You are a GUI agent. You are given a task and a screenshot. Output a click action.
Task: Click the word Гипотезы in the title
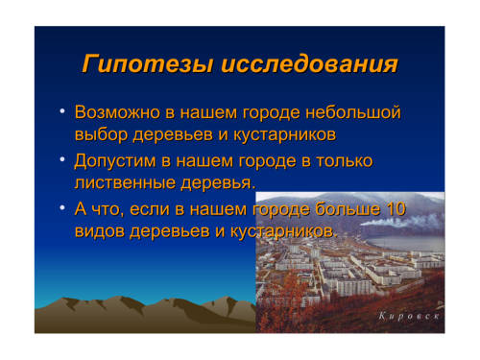pyautogui.click(x=148, y=64)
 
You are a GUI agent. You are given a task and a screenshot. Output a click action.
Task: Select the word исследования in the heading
pyautogui.click(x=309, y=63)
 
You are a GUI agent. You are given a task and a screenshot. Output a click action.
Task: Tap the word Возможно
pyautogui.click(x=117, y=112)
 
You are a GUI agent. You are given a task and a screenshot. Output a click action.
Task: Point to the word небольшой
pyautogui.click(x=352, y=112)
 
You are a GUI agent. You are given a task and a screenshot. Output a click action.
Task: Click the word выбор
pyautogui.click(x=101, y=134)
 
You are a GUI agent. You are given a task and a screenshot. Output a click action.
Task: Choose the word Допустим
pyautogui.click(x=115, y=161)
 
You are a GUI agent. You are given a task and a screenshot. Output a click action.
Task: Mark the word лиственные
pyautogui.click(x=125, y=182)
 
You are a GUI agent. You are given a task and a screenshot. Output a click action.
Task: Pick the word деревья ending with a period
pyautogui.click(x=219, y=182)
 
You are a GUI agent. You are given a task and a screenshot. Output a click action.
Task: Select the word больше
pyautogui.click(x=348, y=209)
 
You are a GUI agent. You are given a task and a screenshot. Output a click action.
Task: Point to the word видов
pyautogui.click(x=100, y=231)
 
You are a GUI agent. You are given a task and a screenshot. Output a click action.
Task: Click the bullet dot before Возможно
pyautogui.click(x=62, y=111)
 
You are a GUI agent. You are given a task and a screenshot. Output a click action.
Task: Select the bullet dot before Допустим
pyautogui.click(x=62, y=159)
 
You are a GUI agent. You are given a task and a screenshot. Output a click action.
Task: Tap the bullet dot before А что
pyautogui.click(x=62, y=208)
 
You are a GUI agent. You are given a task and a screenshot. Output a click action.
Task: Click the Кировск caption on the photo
pyautogui.click(x=409, y=316)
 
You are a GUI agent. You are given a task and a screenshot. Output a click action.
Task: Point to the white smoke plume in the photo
pyautogui.click(x=400, y=221)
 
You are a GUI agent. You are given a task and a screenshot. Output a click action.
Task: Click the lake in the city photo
pyautogui.click(x=405, y=243)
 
